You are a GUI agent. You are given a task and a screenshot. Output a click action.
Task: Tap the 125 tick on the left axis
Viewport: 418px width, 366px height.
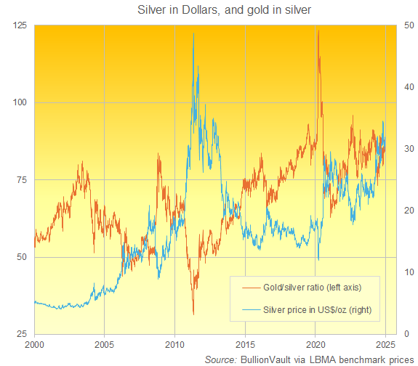19,25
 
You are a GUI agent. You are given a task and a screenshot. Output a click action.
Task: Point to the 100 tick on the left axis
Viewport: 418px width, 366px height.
19,102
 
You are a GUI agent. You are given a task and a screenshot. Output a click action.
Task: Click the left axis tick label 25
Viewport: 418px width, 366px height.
21,333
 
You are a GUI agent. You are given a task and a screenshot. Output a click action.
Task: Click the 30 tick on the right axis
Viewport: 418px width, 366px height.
410,149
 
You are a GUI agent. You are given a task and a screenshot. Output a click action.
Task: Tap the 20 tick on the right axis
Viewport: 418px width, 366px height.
410,211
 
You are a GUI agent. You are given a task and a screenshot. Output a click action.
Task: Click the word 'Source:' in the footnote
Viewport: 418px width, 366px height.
220,359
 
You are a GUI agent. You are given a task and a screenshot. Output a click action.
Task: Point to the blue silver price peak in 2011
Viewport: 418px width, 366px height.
193,33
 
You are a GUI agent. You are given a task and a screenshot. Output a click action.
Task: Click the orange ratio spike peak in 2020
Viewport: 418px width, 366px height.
318,30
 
